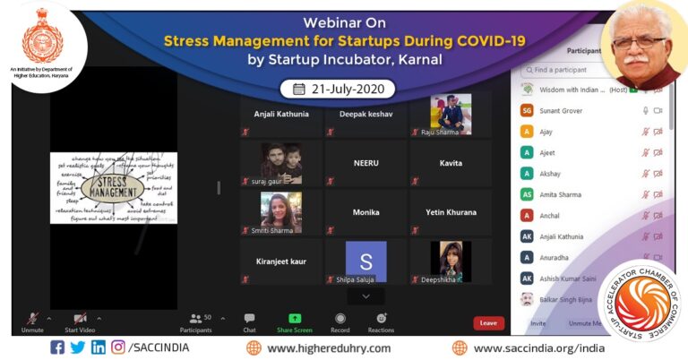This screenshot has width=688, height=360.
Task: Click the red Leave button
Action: pos(488,322)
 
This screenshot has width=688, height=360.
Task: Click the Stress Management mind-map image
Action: pos(113,187)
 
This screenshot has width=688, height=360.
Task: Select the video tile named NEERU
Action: pos(365,163)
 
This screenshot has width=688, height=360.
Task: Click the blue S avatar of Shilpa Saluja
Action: pos(365,261)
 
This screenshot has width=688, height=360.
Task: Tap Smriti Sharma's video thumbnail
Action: pos(280,211)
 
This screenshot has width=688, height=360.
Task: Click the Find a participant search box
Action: pos(591,69)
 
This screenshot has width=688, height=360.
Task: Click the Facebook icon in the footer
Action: pos(58,347)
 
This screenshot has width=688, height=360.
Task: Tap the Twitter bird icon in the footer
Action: pos(78,347)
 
